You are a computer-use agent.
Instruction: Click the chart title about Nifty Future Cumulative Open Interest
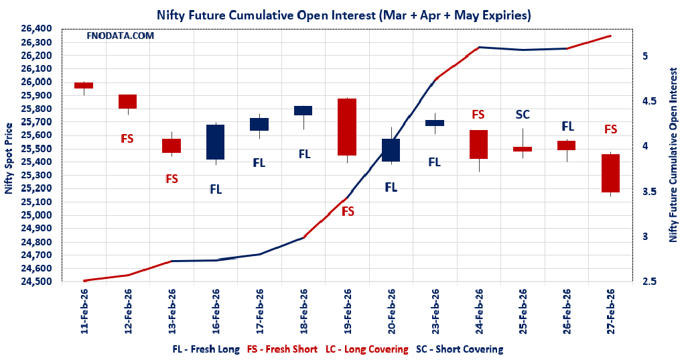coord(344,14)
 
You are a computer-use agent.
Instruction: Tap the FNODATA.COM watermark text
coord(121,36)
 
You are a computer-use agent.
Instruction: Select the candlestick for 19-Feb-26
coord(347,127)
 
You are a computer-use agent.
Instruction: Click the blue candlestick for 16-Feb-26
coord(215,141)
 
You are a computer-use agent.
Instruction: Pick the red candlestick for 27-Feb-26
coord(610,173)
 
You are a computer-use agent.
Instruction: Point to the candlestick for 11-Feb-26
coord(84,85)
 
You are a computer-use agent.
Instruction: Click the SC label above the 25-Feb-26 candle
coord(523,115)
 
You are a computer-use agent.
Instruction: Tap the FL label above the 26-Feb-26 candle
coord(567,126)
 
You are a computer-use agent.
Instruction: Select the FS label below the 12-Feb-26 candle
coord(127,139)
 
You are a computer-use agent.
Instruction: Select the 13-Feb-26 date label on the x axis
coord(171,311)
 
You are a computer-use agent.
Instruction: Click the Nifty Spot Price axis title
coord(9,158)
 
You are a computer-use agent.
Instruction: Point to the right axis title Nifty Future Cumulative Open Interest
coord(674,154)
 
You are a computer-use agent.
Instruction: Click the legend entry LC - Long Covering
coord(366,349)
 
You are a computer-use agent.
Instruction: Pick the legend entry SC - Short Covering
coord(459,349)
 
